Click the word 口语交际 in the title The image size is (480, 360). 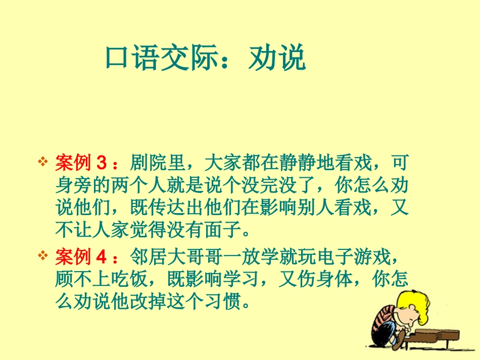(162, 59)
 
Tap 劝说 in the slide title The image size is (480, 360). (277, 59)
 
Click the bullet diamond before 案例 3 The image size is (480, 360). (43, 163)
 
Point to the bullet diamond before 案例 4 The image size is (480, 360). (43, 257)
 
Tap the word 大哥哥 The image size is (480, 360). (195, 258)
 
